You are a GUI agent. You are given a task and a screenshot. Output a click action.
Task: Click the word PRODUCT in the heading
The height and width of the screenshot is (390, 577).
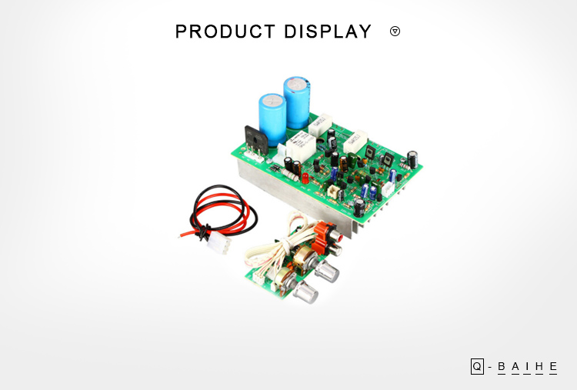pos(225,32)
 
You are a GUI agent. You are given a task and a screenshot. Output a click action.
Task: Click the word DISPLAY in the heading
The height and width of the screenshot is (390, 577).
pos(328,32)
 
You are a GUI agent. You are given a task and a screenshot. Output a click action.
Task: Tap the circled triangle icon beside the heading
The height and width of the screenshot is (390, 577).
pos(395,32)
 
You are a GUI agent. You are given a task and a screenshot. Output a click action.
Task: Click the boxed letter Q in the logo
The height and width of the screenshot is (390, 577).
pos(477,366)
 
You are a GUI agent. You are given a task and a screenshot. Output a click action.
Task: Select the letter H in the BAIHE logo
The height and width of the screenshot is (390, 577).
pos(539,367)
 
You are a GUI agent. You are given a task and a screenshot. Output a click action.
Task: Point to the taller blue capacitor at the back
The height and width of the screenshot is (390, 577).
pos(297,102)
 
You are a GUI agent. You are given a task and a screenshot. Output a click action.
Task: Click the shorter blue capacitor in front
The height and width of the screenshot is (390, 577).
pos(272,118)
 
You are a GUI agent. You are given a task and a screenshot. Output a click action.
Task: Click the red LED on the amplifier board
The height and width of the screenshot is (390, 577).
pos(305,178)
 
